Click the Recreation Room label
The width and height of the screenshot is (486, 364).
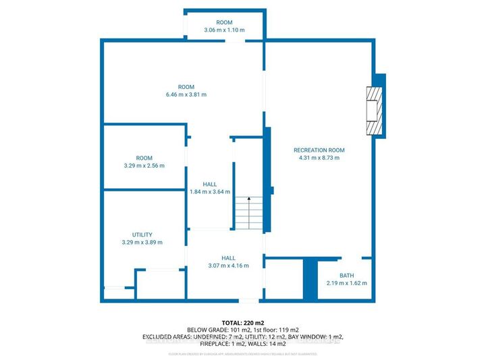(x=319, y=150)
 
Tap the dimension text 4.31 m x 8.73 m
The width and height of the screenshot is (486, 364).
(x=319, y=158)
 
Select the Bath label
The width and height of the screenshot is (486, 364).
(x=346, y=275)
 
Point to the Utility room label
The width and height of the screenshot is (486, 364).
(x=142, y=235)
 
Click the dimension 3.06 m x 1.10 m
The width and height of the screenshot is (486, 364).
(x=224, y=30)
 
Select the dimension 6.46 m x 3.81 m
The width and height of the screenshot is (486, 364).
(x=186, y=95)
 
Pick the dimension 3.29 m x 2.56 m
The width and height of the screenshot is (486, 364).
(x=144, y=165)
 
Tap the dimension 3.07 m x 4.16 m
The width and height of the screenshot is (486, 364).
(x=228, y=266)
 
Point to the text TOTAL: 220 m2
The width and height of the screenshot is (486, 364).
(x=242, y=322)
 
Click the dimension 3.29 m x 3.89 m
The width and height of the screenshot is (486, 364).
(x=142, y=243)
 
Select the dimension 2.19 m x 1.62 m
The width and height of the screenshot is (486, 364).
(x=346, y=283)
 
